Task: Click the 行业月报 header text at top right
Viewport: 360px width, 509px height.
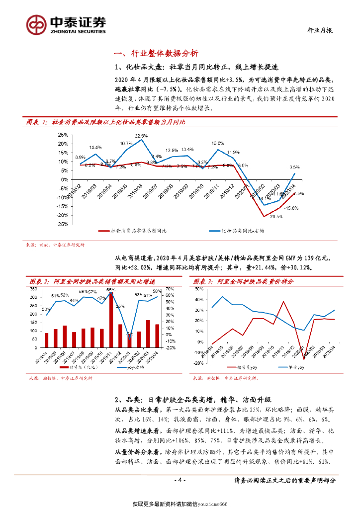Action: pos(318,30)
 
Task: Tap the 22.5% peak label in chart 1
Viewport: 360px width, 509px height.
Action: pos(141,136)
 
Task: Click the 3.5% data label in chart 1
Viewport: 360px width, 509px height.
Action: pos(294,167)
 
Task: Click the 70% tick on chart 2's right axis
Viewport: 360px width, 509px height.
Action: pos(170,289)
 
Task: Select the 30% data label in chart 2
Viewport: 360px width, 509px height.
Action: pos(45,308)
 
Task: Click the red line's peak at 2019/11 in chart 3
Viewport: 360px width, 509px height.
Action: pos(284,301)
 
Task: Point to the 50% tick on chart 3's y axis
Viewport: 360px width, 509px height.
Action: pos(197,289)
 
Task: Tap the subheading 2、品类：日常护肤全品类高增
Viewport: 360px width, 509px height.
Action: pos(197,400)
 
